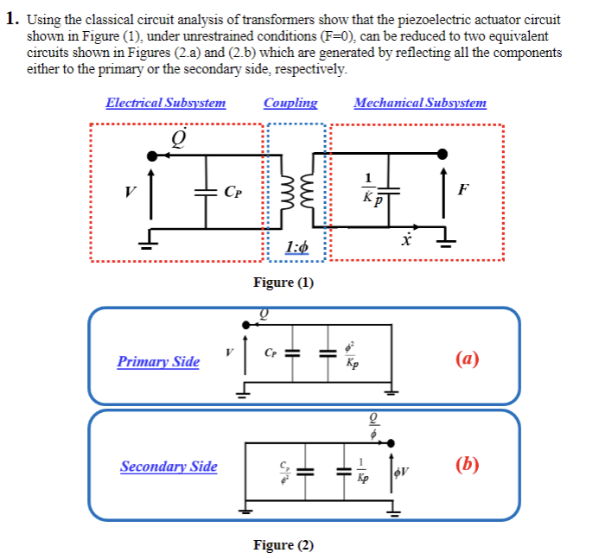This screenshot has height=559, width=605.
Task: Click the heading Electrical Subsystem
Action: (165, 103)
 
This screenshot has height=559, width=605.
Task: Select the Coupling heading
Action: (290, 103)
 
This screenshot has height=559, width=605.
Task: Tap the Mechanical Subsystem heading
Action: (420, 103)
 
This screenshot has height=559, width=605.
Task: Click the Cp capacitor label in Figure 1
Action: (232, 192)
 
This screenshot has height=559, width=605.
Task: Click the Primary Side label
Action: (158, 362)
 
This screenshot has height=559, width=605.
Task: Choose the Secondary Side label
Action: (169, 467)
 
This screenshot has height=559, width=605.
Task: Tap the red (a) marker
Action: (467, 358)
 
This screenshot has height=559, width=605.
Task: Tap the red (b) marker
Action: (467, 464)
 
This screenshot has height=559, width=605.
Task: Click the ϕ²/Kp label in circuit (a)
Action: (352, 355)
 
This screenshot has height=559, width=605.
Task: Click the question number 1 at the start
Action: (12, 20)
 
